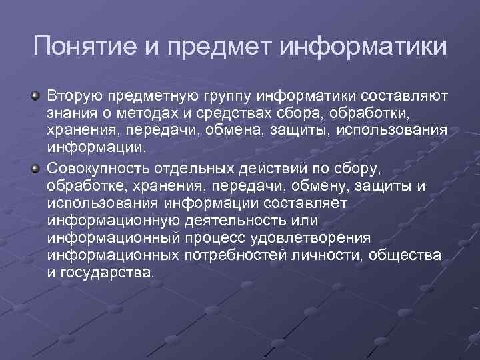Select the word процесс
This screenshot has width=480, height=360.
coord(203,239)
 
